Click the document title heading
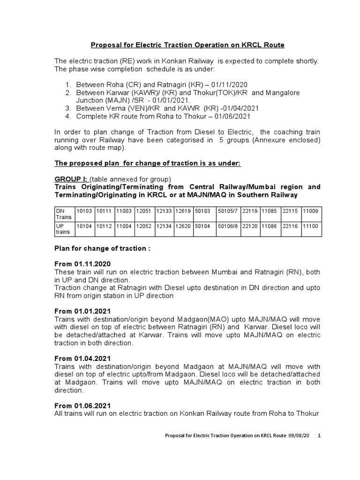pos(187,45)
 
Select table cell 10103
pos(84,211)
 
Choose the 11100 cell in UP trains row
pos(310,225)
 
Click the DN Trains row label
pos(63,214)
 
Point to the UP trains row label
pos(63,228)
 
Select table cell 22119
pos(250,211)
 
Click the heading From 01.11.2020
pos(83,264)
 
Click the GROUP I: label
pos(71,179)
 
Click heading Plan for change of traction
pos(102,248)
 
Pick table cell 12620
pos(182,225)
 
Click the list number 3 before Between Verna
pos(68,108)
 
